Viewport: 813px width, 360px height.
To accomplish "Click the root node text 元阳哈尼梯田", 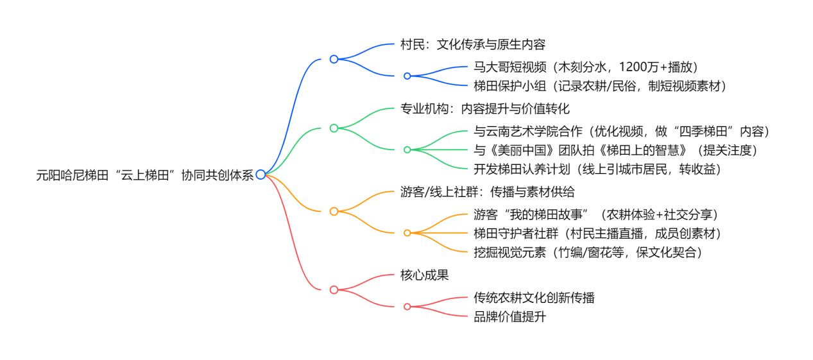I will coord(145,175).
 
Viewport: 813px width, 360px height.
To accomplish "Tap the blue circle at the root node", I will coord(261,175).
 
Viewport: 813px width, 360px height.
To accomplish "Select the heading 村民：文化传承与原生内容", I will coord(472,45).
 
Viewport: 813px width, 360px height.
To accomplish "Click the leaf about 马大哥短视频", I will coord(585,67).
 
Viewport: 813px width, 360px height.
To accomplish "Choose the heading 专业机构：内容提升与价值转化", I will coord(484,108).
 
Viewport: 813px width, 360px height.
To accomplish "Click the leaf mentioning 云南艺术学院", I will coord(621,132).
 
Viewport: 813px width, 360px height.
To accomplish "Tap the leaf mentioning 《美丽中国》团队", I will coord(616,150).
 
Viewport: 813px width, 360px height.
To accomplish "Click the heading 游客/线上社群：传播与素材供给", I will coord(487,192).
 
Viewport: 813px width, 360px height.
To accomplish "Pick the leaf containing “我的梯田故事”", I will coord(595,214).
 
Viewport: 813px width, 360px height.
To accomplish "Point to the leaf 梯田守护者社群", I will coord(597,233).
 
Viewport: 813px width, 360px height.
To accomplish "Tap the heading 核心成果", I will coord(424,275).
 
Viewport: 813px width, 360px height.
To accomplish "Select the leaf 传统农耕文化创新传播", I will coord(534,298).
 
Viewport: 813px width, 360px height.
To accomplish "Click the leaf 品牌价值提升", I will coord(509,316).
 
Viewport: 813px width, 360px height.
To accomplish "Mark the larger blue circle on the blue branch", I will coord(334,59).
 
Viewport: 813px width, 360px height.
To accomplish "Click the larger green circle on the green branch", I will coord(334,128).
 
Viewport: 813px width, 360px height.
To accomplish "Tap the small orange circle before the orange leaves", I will coord(407,233).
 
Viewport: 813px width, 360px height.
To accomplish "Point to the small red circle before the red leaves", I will coord(407,307).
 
